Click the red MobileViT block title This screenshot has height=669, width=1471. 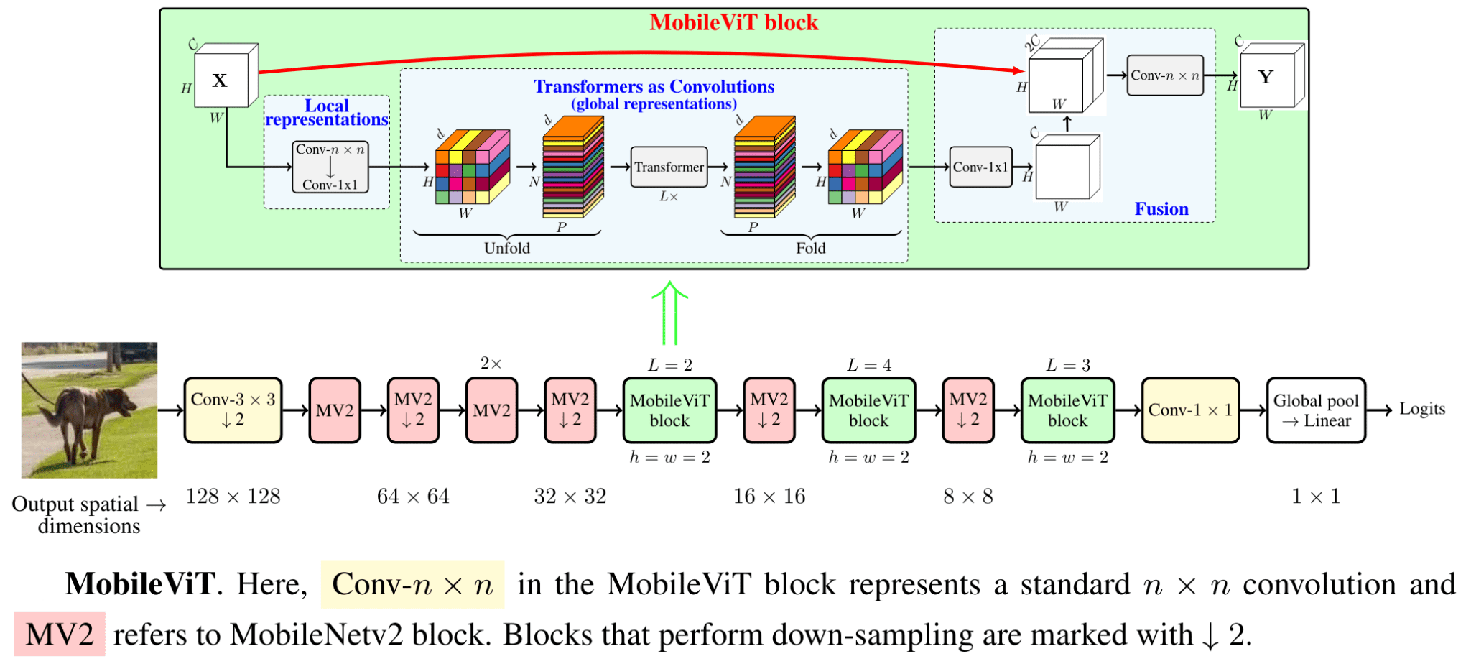(x=733, y=23)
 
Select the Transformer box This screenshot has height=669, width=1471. (x=669, y=167)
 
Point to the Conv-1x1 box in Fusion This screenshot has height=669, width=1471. (x=980, y=167)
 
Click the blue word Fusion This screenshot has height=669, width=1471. (x=1161, y=209)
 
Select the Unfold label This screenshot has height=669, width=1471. (x=507, y=248)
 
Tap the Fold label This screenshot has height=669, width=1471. (x=810, y=248)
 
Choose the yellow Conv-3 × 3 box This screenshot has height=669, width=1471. (x=233, y=410)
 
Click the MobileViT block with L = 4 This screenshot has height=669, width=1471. (x=868, y=410)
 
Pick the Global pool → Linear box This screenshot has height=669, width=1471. (x=1315, y=410)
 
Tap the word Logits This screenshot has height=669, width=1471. (x=1421, y=409)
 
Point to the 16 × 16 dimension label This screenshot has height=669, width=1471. (x=769, y=496)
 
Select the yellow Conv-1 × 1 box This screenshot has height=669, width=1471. (x=1190, y=410)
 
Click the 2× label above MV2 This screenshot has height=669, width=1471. (x=491, y=364)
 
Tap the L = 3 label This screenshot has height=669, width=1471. (x=1067, y=365)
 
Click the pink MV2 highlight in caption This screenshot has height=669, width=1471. (x=60, y=634)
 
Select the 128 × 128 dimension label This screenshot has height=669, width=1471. (x=233, y=496)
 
